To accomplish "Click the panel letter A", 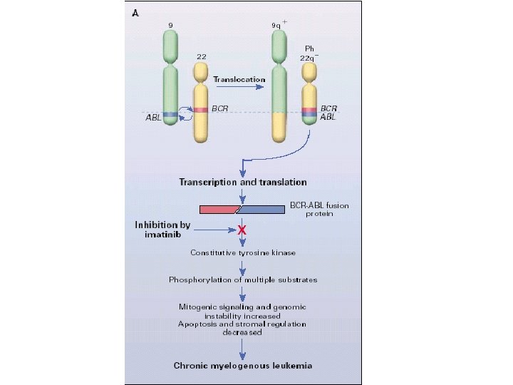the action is (135, 13).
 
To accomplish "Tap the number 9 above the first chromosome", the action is (170, 25).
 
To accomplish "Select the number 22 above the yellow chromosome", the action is (202, 56).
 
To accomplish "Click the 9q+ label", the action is (279, 24).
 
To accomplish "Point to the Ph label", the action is (309, 48).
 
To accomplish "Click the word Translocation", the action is (239, 79).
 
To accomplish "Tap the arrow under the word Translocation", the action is (240, 87).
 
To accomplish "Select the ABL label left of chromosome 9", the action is (153, 118).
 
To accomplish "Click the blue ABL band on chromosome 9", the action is (170, 115).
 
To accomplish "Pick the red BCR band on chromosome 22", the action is (200, 110).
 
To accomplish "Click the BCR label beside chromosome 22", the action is (220, 108).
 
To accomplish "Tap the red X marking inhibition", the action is (242, 230).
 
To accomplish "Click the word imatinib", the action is (162, 235).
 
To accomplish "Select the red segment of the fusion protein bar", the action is (219, 210).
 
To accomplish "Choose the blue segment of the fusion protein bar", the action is (261, 210).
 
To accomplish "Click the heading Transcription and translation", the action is (243, 183).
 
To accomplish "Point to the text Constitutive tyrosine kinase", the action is (243, 252).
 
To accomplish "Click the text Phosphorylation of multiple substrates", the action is (243, 280).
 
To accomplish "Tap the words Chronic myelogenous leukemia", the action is (243, 366).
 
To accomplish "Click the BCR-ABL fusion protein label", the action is (319, 210).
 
